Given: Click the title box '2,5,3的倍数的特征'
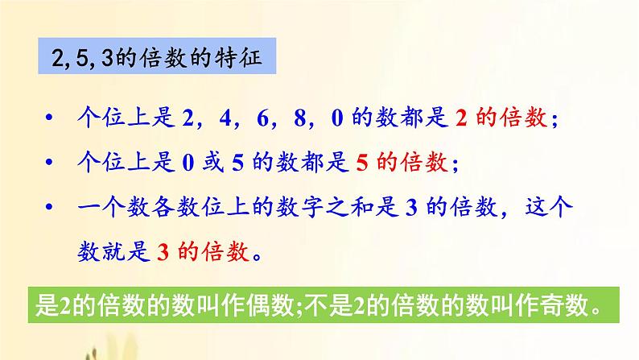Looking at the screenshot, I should (x=159, y=60).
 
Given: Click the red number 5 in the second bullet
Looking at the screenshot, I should (x=361, y=163).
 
